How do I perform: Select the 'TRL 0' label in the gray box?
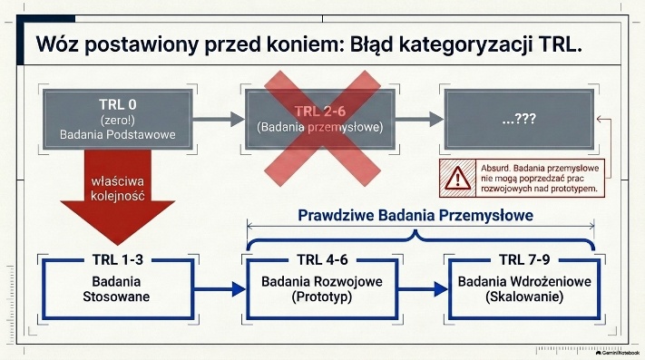(x=118, y=104)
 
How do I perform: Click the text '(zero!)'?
(x=118, y=121)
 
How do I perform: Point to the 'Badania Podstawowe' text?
(x=118, y=135)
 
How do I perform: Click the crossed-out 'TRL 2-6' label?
(x=320, y=112)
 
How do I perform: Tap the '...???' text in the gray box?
(x=519, y=119)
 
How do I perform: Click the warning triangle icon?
(x=457, y=179)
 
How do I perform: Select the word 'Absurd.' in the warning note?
(x=495, y=168)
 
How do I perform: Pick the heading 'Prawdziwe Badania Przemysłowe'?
(x=415, y=215)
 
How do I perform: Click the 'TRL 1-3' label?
(x=118, y=259)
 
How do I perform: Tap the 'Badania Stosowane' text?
(x=116, y=289)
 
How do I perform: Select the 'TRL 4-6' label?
(x=323, y=259)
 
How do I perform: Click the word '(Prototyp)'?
(x=322, y=297)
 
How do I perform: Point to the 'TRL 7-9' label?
(x=524, y=259)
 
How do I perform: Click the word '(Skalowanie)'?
(x=524, y=297)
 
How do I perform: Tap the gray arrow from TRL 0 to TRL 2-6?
(x=219, y=119)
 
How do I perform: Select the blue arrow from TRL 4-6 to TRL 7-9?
(x=423, y=289)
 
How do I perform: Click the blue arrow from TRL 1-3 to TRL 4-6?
(x=220, y=289)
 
